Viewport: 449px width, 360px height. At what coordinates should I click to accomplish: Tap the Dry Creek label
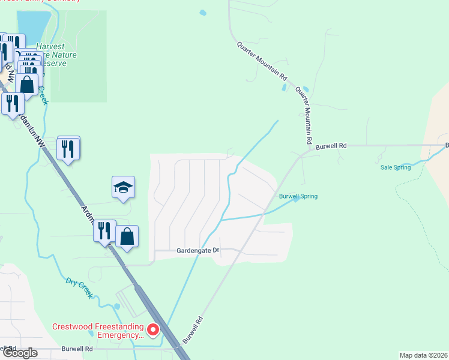click(x=79, y=286)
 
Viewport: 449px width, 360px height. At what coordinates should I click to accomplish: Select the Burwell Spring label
click(x=298, y=196)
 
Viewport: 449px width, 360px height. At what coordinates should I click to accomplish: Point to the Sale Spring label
click(x=396, y=167)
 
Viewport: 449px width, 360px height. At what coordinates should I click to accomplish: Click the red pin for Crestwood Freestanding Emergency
click(x=153, y=330)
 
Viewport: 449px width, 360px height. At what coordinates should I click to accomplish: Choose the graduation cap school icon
click(x=123, y=187)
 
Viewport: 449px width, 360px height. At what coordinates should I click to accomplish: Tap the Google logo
click(x=20, y=352)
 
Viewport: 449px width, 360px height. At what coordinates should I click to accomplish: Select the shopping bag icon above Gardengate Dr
click(x=127, y=236)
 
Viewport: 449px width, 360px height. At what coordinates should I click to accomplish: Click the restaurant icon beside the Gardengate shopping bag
click(x=104, y=230)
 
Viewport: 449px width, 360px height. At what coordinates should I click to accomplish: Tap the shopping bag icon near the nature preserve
click(x=27, y=84)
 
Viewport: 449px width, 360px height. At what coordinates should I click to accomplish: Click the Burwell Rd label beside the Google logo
click(x=77, y=349)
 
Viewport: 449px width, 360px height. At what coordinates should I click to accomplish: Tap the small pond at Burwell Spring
click(x=295, y=202)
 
